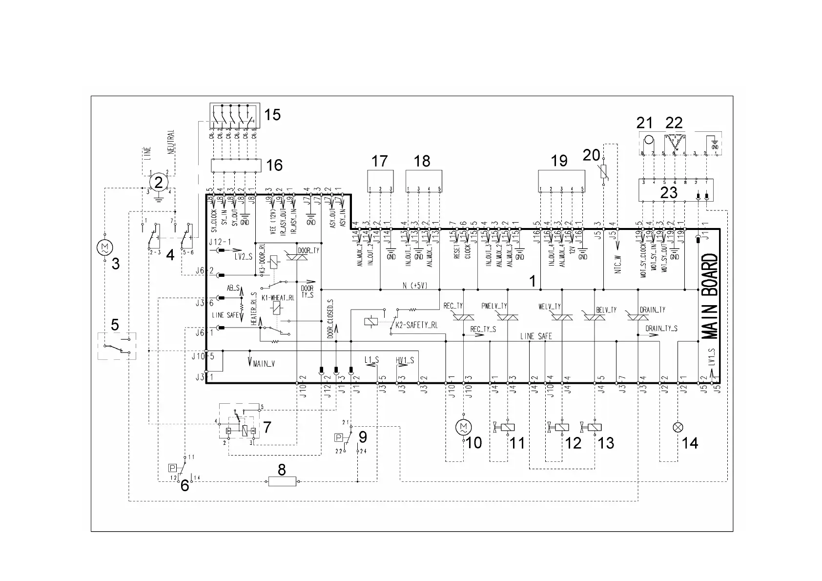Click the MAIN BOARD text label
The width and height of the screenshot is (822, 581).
pos(711,296)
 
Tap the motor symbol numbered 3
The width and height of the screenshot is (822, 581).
pos(104,248)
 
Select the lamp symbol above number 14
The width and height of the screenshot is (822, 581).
pos(678,427)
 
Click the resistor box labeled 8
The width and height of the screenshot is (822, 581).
pos(283,482)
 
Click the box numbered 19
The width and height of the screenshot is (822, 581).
pos(561,181)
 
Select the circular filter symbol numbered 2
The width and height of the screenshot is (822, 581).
pos(158,183)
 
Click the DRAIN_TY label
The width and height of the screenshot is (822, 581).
pos(652,310)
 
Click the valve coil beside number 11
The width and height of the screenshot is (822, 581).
pos(508,427)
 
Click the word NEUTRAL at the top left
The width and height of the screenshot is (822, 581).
pos(171,143)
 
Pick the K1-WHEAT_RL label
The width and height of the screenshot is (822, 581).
pos(278,297)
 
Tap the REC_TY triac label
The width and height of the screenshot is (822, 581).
pos(453,306)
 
